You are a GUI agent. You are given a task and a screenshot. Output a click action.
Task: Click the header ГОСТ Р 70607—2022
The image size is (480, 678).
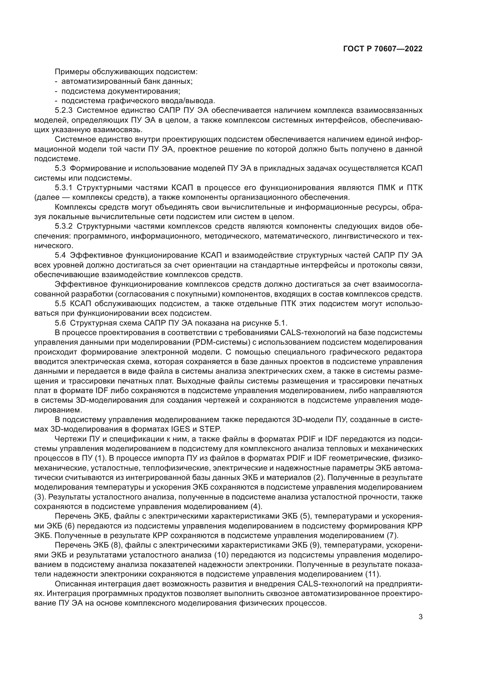click(383, 49)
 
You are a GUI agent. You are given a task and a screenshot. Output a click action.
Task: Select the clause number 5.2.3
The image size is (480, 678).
click(64, 110)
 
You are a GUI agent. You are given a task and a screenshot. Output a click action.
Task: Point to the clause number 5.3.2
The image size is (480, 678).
click(64, 226)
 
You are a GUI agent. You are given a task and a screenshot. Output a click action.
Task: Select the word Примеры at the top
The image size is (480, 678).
click(72, 72)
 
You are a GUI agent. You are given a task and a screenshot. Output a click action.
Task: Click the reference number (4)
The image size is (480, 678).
click(256, 506)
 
